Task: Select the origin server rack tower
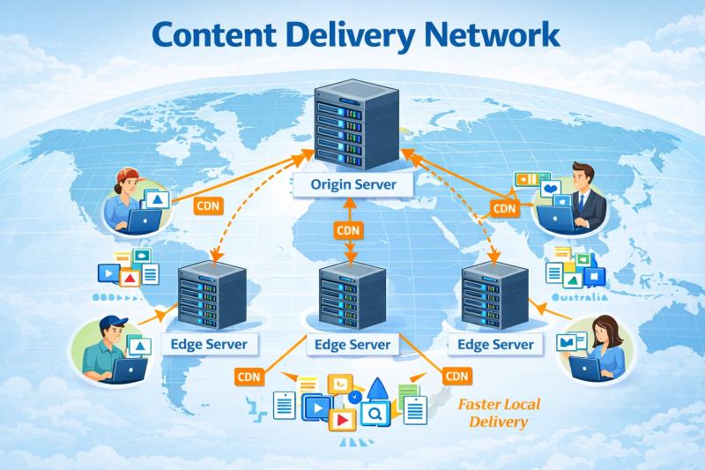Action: tap(352, 123)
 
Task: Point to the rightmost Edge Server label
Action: tap(491, 344)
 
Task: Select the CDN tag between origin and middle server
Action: tap(347, 230)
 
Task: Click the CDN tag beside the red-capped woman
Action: tap(208, 205)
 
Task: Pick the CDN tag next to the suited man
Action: tap(504, 208)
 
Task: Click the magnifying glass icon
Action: tap(375, 412)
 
